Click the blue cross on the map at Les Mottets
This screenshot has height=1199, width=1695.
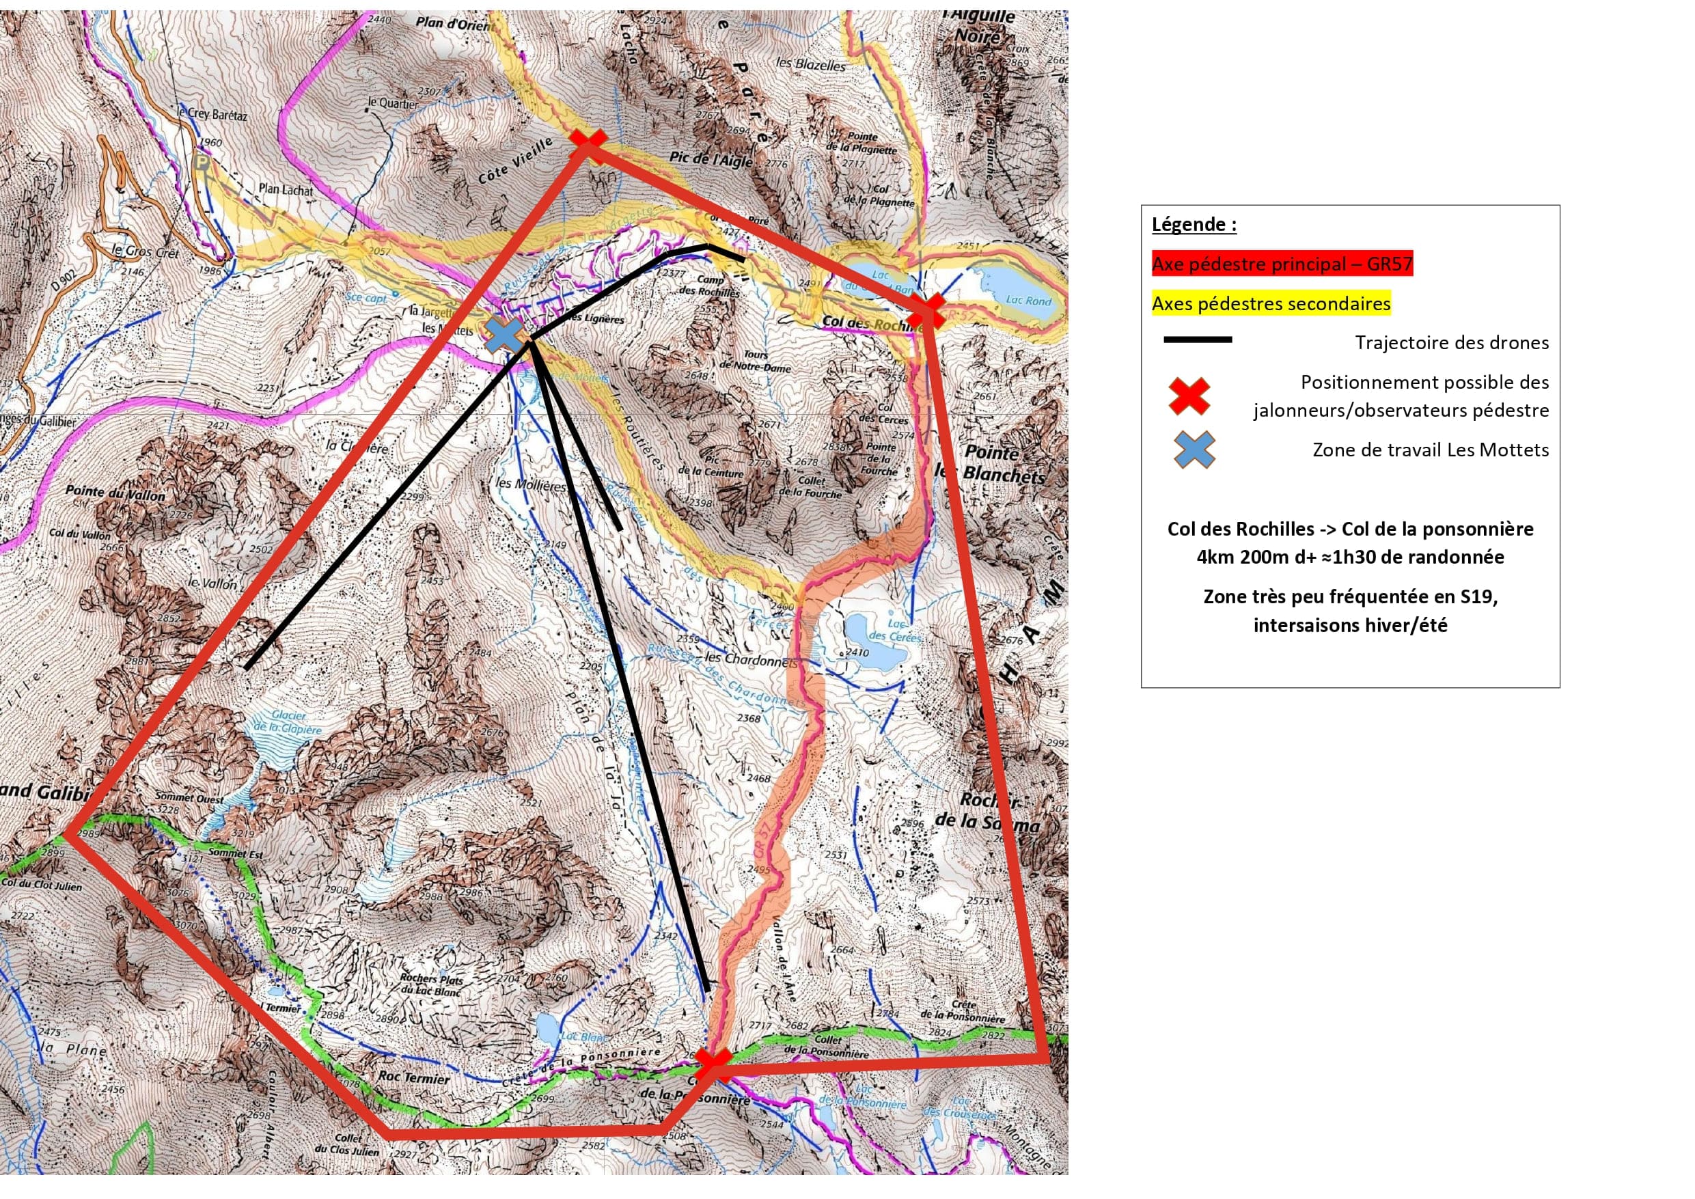pos(505,335)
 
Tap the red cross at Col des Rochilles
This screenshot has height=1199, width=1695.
pos(926,311)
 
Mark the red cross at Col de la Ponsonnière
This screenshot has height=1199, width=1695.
pos(713,1064)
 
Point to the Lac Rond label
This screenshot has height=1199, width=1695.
pos(1028,301)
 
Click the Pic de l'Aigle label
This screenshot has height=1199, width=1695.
pos(711,159)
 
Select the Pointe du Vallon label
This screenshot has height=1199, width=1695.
pos(115,493)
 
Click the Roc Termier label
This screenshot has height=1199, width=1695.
pos(414,1079)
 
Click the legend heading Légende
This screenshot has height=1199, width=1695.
pos(1194,225)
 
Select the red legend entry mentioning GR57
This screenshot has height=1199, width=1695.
pos(1282,264)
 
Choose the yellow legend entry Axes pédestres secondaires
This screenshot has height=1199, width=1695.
pos(1271,303)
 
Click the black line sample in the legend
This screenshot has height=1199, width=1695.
pos(1198,340)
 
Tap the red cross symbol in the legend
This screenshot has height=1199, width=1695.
pos(1189,396)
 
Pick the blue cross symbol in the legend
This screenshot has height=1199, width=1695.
pos(1194,450)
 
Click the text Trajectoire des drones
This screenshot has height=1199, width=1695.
pos(1451,342)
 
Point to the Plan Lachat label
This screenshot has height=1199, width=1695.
pos(286,190)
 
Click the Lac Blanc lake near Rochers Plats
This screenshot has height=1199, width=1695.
pos(547,1028)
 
